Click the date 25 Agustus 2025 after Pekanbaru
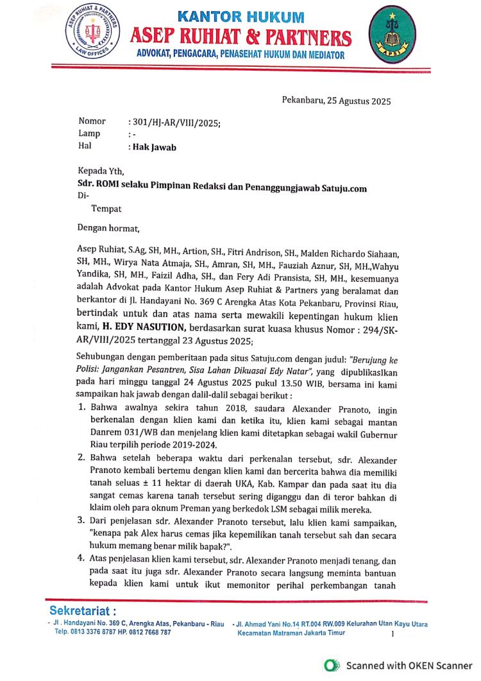(x=359, y=100)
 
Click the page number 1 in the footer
(x=392, y=634)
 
